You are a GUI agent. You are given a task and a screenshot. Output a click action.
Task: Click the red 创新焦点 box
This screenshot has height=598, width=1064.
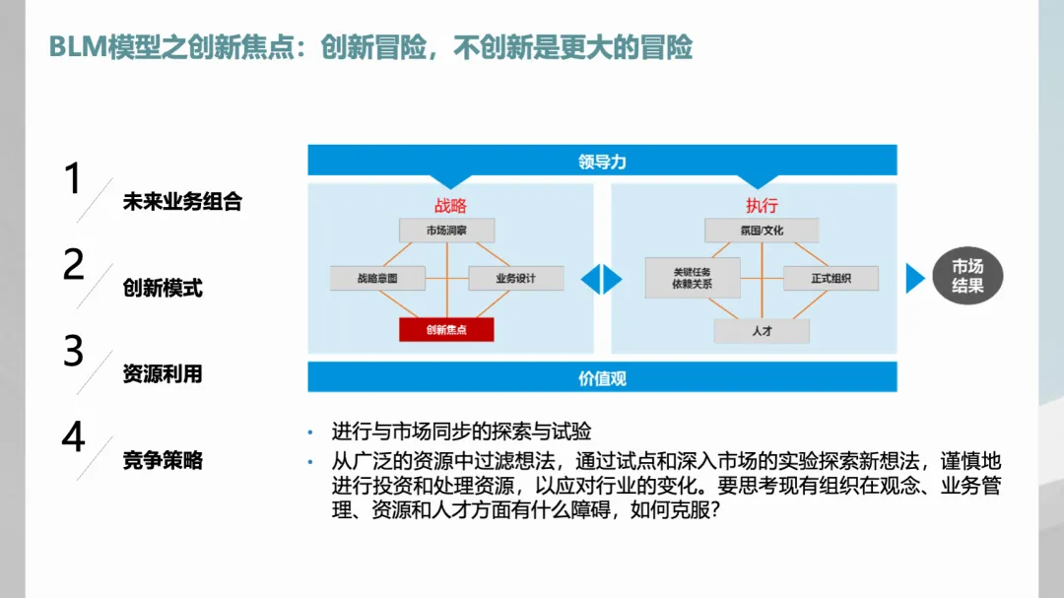coord(446,330)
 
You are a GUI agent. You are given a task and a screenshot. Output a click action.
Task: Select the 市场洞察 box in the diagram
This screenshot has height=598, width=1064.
coord(446,231)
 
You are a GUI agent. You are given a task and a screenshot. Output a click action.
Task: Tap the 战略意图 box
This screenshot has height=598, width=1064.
coord(377,279)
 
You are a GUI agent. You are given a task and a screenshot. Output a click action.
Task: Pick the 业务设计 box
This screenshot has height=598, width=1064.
coord(516,279)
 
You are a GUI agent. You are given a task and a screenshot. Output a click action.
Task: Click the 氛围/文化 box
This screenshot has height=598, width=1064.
coord(762,231)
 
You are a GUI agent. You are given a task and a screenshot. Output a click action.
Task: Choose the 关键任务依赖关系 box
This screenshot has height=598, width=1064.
coord(693,278)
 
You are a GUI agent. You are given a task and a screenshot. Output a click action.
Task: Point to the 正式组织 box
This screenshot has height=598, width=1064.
coord(831,279)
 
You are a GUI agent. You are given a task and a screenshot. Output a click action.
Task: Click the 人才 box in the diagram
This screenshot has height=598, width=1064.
coord(762,331)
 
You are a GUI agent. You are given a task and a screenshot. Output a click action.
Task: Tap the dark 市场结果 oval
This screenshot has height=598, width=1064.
coord(967,277)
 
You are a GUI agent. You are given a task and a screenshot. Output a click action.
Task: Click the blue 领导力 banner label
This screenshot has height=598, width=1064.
coord(602,161)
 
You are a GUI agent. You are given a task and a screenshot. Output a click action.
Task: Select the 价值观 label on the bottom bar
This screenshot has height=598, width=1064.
coord(602,377)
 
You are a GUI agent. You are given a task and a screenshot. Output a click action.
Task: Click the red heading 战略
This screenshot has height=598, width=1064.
coord(450,206)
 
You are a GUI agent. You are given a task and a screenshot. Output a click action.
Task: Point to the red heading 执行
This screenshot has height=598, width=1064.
coord(762,206)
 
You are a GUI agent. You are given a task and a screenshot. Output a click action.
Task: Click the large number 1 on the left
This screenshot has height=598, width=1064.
coord(72,180)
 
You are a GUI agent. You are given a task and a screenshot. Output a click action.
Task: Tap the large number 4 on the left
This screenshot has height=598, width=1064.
coord(73,437)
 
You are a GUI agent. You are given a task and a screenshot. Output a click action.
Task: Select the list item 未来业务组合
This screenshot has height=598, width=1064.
coord(182,202)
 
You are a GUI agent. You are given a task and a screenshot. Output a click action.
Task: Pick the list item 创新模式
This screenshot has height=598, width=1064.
coord(163,289)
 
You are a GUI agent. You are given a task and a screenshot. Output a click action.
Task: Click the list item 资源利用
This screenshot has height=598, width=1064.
coord(163,374)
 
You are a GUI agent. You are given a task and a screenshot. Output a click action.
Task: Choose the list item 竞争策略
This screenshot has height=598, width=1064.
coord(163,460)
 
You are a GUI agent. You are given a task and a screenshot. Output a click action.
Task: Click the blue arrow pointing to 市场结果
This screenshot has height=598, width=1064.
coord(915,279)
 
